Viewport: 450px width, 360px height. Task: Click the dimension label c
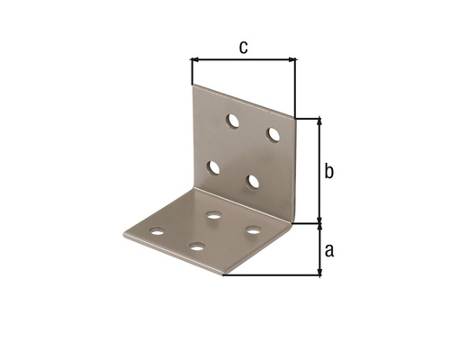pos(243,48)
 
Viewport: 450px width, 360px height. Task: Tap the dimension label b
pos(329,170)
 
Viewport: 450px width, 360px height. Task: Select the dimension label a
pos(329,250)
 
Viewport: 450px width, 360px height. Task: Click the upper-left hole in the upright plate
pos(232,119)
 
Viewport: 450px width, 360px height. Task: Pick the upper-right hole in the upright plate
pos(274,134)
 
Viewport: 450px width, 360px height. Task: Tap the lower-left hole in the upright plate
pos(214,166)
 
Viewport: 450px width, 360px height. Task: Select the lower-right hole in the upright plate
pos(253,182)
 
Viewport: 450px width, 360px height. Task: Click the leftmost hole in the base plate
pos(158,231)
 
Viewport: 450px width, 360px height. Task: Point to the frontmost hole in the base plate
pos(196,246)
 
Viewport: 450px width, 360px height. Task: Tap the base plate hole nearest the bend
pos(214,215)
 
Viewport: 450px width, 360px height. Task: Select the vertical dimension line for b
pos(319,171)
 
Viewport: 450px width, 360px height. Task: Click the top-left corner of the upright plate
pos(193,86)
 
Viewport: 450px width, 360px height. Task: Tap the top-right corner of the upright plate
pos(295,117)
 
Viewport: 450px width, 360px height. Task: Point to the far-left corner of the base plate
pos(124,238)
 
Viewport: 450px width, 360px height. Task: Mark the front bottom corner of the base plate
pos(223,274)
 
